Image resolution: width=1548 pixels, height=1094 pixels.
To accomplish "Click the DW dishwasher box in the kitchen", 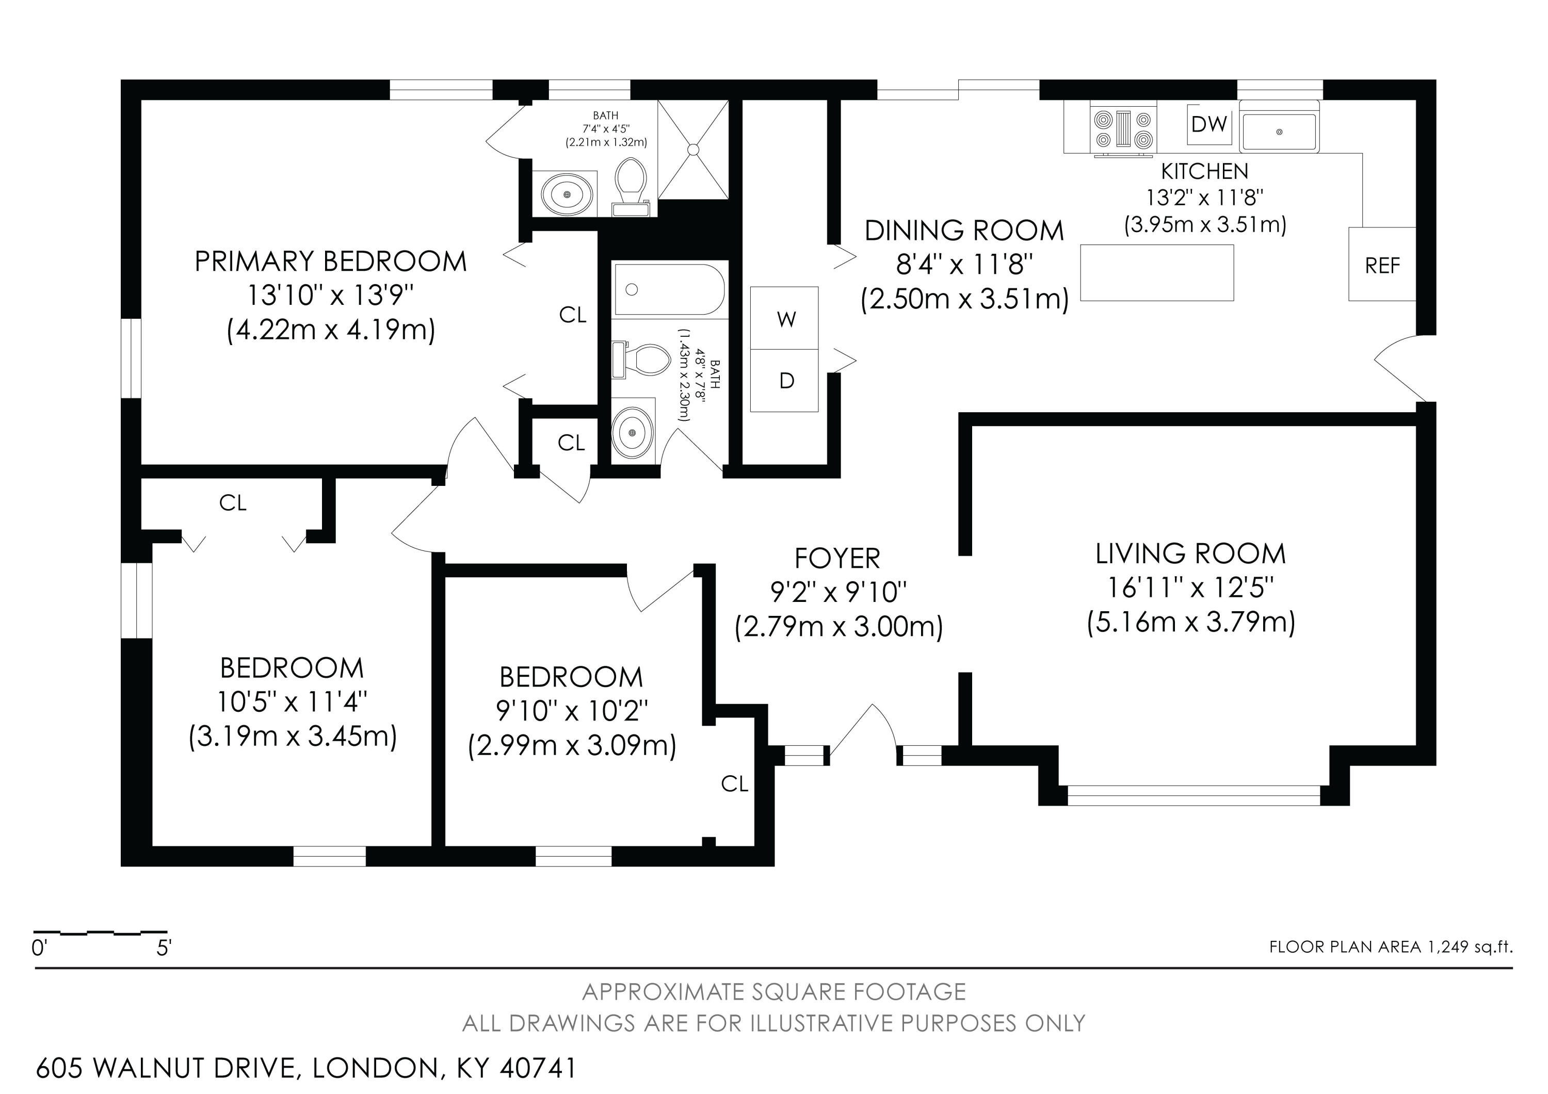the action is [x=1210, y=124].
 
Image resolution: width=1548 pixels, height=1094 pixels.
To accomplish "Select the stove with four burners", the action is [x=1123, y=129].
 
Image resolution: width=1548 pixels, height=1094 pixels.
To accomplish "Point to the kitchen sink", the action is [x=1279, y=132].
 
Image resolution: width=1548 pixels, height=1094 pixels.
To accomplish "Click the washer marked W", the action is [x=785, y=318].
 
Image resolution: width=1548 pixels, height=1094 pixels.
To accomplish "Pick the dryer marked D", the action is [x=785, y=381].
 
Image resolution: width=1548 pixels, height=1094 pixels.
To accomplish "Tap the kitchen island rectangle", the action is [x=1157, y=272].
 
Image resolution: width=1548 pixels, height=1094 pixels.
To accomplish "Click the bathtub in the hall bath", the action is [x=669, y=290].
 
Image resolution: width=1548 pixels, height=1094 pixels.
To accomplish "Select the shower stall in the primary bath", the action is [x=693, y=150].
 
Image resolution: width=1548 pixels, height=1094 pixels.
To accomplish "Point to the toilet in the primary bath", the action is [x=631, y=187].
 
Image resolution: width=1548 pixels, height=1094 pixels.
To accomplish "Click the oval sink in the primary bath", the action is [x=567, y=193].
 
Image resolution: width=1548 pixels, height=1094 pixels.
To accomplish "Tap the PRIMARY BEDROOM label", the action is [x=330, y=261].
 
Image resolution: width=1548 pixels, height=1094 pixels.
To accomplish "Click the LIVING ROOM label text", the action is [x=1190, y=553].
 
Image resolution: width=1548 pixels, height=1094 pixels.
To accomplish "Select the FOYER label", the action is [x=837, y=558].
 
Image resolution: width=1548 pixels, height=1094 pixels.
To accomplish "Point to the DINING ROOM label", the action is [x=964, y=231].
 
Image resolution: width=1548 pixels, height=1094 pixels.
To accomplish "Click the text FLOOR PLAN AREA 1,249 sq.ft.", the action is [x=1391, y=946].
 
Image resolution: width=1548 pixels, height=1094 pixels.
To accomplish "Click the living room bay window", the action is [x=1194, y=795].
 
